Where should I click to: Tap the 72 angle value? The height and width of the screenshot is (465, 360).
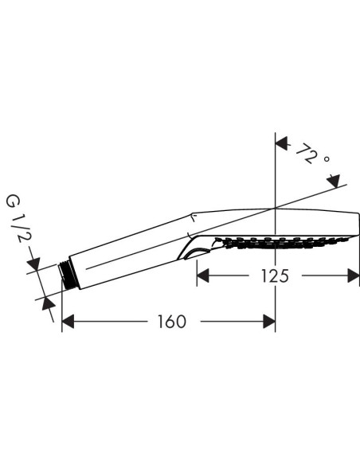click(x=304, y=151)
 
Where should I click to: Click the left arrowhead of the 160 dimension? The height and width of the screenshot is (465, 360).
click(x=68, y=322)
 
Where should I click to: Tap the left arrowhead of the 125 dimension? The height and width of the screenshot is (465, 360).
click(x=203, y=276)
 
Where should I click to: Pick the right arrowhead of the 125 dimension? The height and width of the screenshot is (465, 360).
click(x=354, y=276)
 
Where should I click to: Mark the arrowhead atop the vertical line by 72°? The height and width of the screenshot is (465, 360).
click(x=281, y=143)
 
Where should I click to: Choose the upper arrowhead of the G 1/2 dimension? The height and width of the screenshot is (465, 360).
click(x=33, y=263)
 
